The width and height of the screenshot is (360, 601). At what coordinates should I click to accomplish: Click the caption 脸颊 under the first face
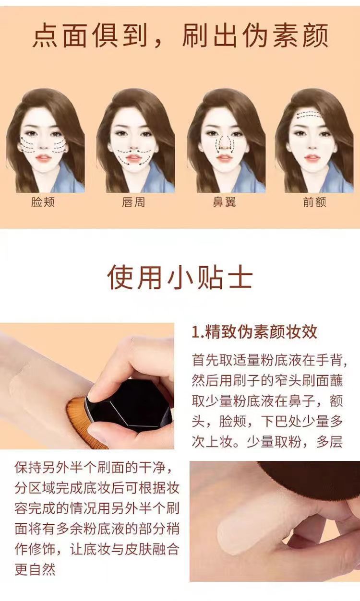43,202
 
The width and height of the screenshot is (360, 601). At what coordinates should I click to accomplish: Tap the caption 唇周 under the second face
133,202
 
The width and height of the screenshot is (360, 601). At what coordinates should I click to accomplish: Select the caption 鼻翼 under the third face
224,202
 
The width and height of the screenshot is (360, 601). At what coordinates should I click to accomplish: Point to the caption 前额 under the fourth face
314,202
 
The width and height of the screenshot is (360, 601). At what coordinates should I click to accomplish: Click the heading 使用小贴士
180,277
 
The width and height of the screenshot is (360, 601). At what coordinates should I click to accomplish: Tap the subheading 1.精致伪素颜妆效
254,332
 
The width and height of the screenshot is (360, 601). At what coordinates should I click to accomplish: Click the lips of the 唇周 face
134,158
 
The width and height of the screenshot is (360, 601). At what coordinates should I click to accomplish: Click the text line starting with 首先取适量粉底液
269,359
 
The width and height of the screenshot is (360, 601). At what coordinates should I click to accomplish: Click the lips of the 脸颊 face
43,158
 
